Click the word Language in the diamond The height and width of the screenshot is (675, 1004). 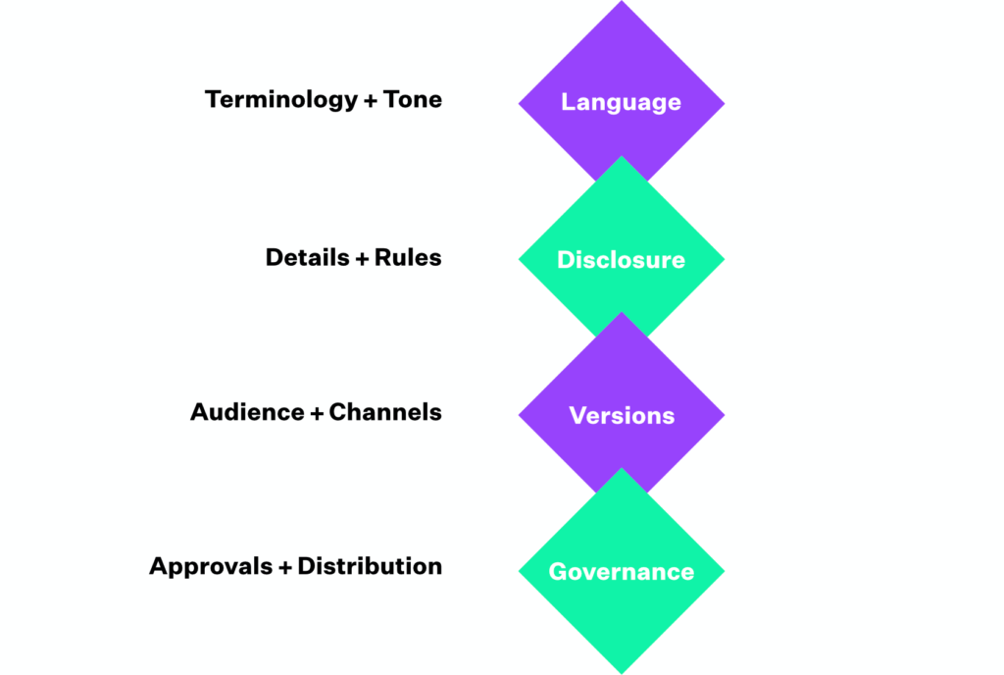pyautogui.click(x=621, y=102)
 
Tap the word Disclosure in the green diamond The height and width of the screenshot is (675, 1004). pyautogui.click(x=621, y=260)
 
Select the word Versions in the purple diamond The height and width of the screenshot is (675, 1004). pyautogui.click(x=622, y=415)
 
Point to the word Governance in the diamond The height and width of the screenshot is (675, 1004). pyautogui.click(x=621, y=571)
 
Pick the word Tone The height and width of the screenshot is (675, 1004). pyautogui.click(x=413, y=100)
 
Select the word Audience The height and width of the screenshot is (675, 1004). pyautogui.click(x=247, y=412)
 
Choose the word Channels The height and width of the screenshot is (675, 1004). pyautogui.click(x=385, y=412)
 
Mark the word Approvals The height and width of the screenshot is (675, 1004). pyautogui.click(x=212, y=566)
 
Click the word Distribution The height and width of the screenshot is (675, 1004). pyautogui.click(x=370, y=566)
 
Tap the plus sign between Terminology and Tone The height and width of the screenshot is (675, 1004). pyautogui.click(x=370, y=101)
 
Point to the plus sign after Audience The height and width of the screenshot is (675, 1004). pyautogui.click(x=317, y=413)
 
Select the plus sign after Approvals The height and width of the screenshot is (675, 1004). pyautogui.click(x=286, y=567)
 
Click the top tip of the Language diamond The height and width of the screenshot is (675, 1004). pyautogui.click(x=622, y=4)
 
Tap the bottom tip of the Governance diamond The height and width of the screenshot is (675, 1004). pyautogui.click(x=622, y=671)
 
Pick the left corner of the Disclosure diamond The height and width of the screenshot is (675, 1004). pyautogui.click(x=521, y=259)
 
